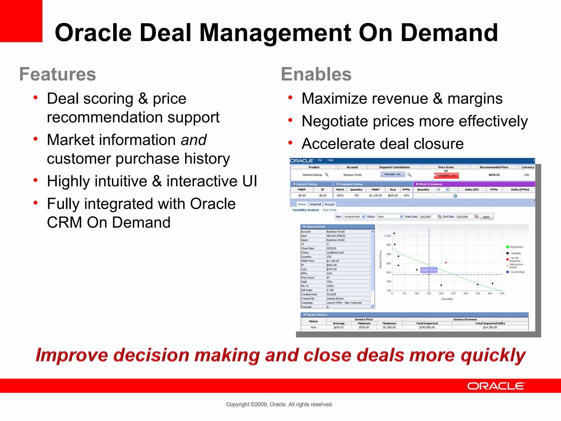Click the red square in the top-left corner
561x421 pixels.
pyautogui.click(x=21, y=21)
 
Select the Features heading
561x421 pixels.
pyautogui.click(x=58, y=74)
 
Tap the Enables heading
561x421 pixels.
pyautogui.click(x=316, y=74)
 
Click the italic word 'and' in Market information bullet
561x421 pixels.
pyautogui.click(x=193, y=140)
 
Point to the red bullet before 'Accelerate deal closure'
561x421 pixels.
pyautogui.click(x=290, y=143)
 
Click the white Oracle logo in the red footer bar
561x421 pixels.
pyautogui.click(x=496, y=386)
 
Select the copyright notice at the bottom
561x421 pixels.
pyautogui.click(x=279, y=404)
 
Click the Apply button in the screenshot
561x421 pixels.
pyautogui.click(x=486, y=217)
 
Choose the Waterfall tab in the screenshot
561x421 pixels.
pyautogui.click(x=315, y=204)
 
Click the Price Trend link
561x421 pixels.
pyautogui.click(x=329, y=210)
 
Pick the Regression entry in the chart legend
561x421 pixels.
pyautogui.click(x=516, y=247)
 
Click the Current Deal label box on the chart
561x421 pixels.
pyautogui.click(x=429, y=270)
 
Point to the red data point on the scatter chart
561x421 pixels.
pyautogui.click(x=446, y=263)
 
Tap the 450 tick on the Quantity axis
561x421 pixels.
pyautogui.click(x=502, y=294)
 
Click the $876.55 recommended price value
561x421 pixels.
pyautogui.click(x=494, y=175)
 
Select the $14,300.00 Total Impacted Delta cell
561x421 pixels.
pyautogui.click(x=490, y=327)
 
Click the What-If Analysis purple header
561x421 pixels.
pyautogui.click(x=431, y=184)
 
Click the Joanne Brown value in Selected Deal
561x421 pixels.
pyautogui.click(x=335, y=298)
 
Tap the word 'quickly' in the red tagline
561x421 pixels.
pyautogui.click(x=493, y=355)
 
